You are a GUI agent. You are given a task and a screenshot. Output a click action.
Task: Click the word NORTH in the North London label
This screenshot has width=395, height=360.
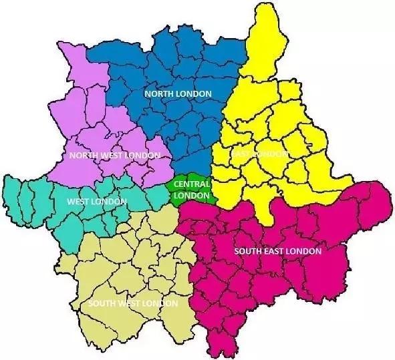pos(158,94)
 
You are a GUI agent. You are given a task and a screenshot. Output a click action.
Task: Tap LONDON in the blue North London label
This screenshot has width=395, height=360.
pos(194,94)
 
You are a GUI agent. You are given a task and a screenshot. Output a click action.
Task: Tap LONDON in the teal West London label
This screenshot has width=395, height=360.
pos(110,201)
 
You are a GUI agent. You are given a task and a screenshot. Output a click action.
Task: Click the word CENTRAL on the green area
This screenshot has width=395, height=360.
pos(191,184)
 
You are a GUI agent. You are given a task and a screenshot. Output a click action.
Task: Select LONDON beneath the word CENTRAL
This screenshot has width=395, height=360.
pos(191,195)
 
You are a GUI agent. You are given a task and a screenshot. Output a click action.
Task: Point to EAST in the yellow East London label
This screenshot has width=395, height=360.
pos(241,154)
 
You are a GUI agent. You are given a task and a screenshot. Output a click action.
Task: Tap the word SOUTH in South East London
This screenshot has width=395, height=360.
pos(248,252)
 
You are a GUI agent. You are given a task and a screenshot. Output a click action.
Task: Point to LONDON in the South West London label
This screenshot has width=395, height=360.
pos(162,304)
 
